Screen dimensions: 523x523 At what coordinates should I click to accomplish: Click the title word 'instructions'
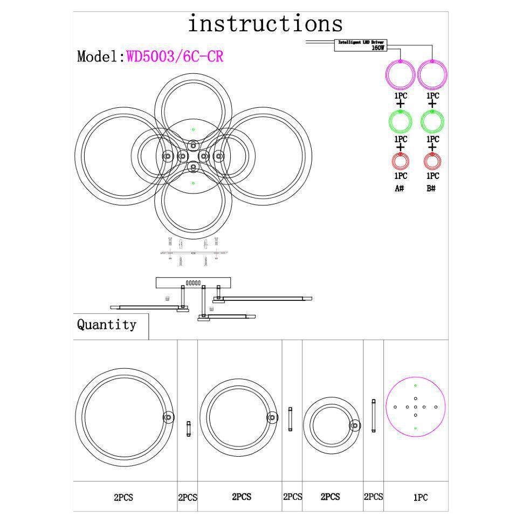point(265,24)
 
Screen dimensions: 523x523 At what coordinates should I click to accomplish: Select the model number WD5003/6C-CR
point(175,57)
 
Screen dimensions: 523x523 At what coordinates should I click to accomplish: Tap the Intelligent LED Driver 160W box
point(361,45)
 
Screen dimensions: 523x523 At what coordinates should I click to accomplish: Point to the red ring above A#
point(400,161)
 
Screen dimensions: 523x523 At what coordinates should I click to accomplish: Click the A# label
point(400,189)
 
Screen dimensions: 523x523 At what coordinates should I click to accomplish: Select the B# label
point(431,189)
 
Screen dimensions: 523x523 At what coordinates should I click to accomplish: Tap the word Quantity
point(106,325)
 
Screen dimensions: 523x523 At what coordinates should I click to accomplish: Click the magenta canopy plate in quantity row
point(415,407)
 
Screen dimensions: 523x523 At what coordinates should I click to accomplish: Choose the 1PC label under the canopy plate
point(420,498)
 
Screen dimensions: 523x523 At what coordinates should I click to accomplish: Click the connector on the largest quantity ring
point(168,417)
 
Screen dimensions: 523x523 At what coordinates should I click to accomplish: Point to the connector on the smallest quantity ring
point(355,425)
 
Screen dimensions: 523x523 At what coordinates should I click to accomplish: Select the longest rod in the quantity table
point(373,416)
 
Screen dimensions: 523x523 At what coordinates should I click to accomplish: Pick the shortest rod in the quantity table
point(188,429)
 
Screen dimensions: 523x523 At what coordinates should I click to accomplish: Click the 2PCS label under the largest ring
point(123,498)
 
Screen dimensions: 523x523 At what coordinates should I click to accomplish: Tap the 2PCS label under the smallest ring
point(330,497)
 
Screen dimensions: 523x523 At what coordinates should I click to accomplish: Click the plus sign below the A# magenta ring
point(400,104)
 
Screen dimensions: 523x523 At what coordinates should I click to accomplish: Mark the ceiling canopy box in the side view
point(193,283)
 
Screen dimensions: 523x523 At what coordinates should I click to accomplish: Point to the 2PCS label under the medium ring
point(241,497)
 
